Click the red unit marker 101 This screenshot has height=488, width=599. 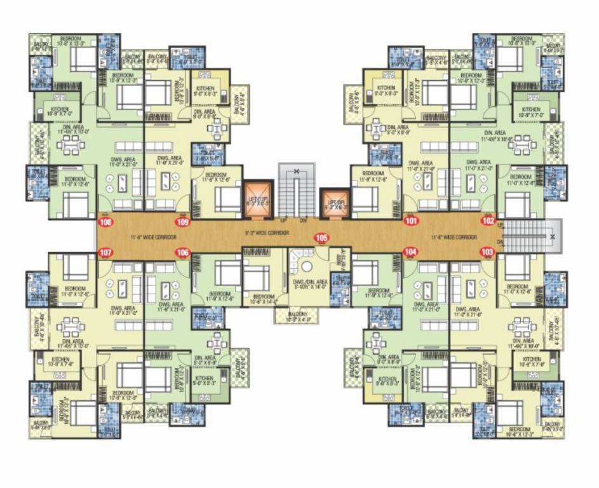point(411,222)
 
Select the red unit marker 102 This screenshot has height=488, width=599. point(488,222)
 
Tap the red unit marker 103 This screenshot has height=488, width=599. point(487,252)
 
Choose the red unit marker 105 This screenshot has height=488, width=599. point(321,238)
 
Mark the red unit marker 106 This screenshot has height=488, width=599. point(183,252)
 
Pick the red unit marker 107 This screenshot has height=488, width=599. point(106,252)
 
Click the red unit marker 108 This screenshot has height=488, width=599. point(105,222)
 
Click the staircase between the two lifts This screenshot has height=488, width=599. point(296,191)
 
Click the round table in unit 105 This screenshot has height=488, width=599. point(308,266)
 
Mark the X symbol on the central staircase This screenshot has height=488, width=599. point(296,172)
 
